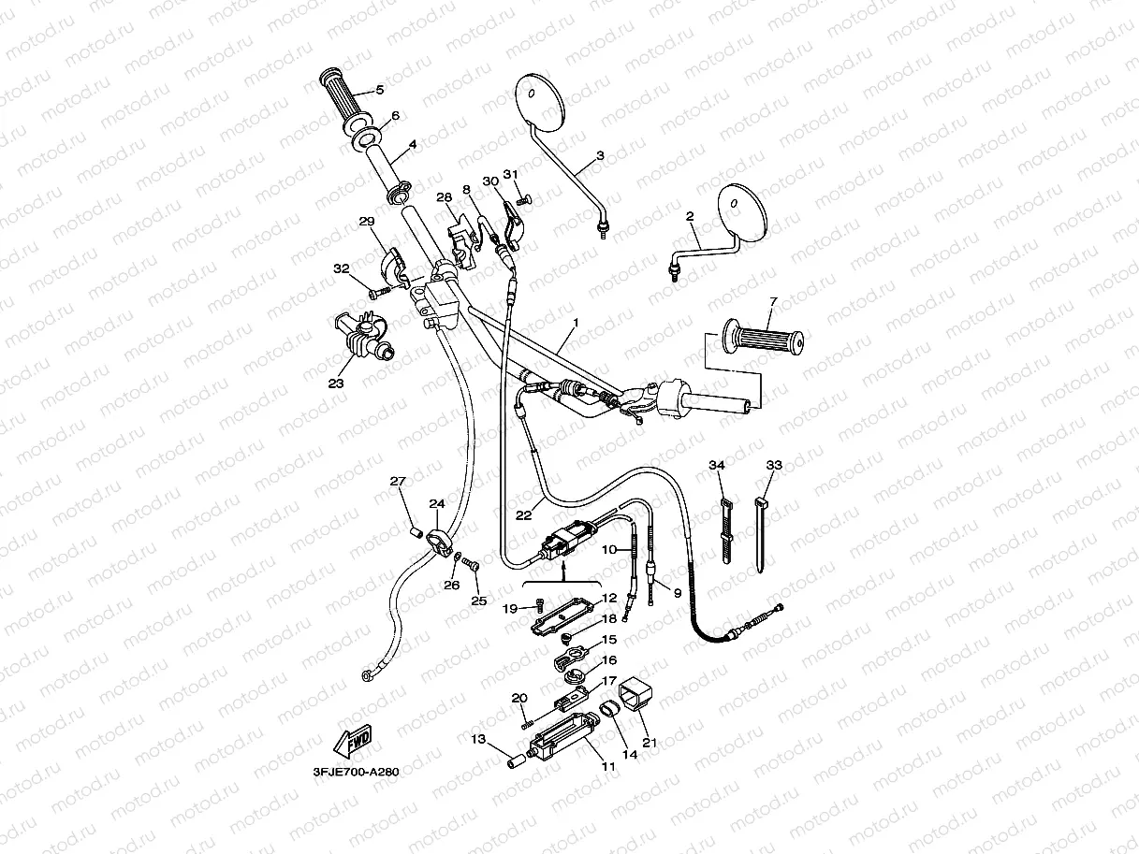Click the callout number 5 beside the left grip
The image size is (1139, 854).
coord(379,90)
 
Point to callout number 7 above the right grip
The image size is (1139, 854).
coord(773,301)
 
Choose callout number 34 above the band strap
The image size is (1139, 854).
coord(717,466)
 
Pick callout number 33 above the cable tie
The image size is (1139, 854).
coord(773,466)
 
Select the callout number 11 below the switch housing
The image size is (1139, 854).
coord(608,767)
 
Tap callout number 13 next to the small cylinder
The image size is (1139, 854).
coord(477,739)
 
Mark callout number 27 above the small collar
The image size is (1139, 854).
coord(398,482)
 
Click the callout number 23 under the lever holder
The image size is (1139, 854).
coord(336,383)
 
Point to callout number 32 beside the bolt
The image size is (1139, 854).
coord(342,268)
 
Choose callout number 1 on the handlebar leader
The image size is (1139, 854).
coord(576,323)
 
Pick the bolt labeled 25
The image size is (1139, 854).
coord(471,565)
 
